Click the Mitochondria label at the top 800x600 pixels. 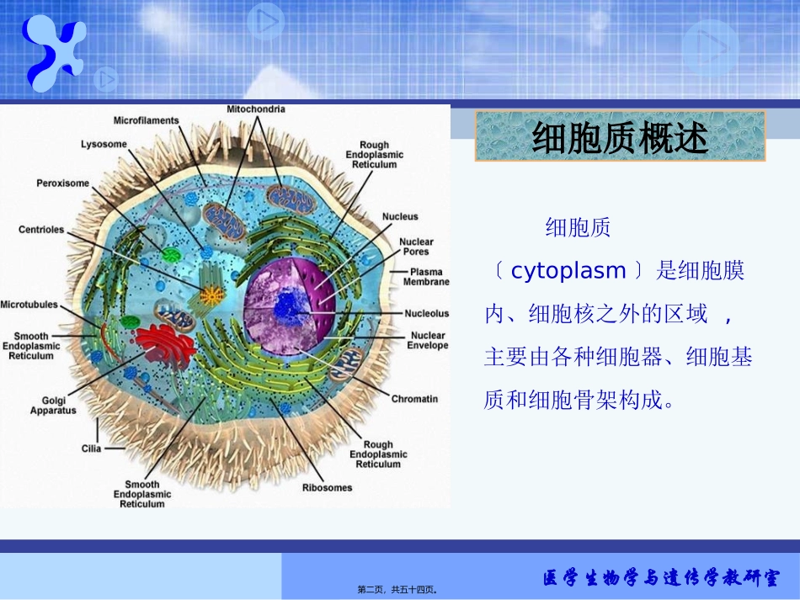click(256, 109)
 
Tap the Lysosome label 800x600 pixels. click(104, 144)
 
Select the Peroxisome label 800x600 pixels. click(62, 183)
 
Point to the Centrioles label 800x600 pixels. click(41, 230)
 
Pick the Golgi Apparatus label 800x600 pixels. click(53, 406)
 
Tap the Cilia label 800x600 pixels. click(91, 449)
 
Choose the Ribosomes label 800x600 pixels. click(328, 487)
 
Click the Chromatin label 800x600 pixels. click(414, 399)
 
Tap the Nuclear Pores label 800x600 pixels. click(416, 247)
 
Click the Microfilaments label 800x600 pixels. click(147, 120)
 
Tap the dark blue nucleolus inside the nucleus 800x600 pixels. click(289, 306)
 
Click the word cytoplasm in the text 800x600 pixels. click(568, 271)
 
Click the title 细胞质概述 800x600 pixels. click(621, 138)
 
